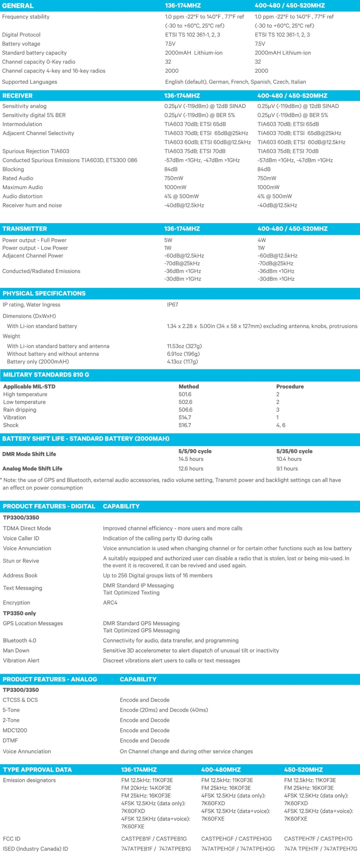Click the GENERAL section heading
pos(18,6)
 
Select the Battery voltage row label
pos(21,44)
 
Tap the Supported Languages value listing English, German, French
pos(235,82)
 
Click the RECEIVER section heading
pos(17,96)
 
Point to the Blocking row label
pos(13,169)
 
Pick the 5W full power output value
pos(168,240)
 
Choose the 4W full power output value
pos(262,240)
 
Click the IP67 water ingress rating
pos(173,305)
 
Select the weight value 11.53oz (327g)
pos(184,346)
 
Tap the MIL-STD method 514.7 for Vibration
pos(185,417)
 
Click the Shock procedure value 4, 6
pos(281,425)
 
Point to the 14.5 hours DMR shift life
pos(191,459)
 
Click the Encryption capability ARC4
pos(110,602)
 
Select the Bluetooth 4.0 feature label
pos(19,640)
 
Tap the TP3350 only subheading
pos(19,613)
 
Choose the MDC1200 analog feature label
pos(15,730)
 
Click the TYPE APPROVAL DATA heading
pos(37,770)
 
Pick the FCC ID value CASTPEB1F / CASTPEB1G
pos(154,839)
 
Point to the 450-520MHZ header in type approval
pos(303,770)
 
